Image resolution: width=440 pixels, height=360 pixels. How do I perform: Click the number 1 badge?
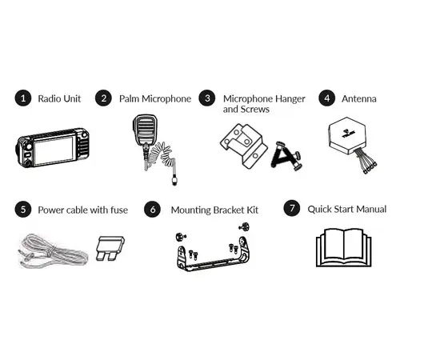click(23, 98)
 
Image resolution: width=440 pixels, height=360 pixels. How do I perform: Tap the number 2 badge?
click(103, 98)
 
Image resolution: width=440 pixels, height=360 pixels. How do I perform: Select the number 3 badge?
click(207, 98)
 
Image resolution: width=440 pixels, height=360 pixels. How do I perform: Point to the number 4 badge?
click(326, 98)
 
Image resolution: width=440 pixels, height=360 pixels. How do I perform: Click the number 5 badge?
click(23, 210)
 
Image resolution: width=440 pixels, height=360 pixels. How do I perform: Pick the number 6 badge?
click(153, 210)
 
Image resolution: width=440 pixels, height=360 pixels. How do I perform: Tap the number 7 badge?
click(293, 209)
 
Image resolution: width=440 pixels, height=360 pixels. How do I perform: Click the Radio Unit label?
click(60, 98)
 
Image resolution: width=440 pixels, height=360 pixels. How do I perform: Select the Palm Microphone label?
click(154, 98)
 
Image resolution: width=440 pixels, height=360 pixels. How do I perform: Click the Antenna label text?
click(358, 98)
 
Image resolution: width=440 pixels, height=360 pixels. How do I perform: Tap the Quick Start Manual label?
click(347, 209)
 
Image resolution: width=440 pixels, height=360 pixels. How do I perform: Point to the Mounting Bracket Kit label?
click(214, 210)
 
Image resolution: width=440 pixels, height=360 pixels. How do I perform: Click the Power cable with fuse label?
click(82, 210)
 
